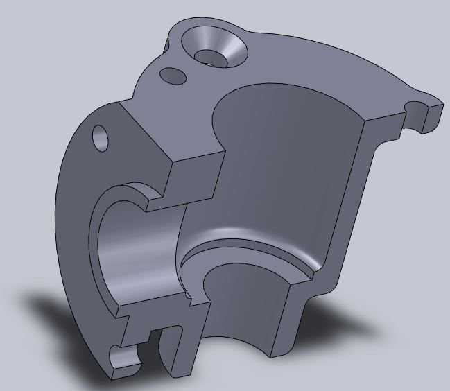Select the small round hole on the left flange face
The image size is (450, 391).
pyautogui.click(x=101, y=138)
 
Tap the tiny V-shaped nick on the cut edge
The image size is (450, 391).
pyautogui.click(x=189, y=299)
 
